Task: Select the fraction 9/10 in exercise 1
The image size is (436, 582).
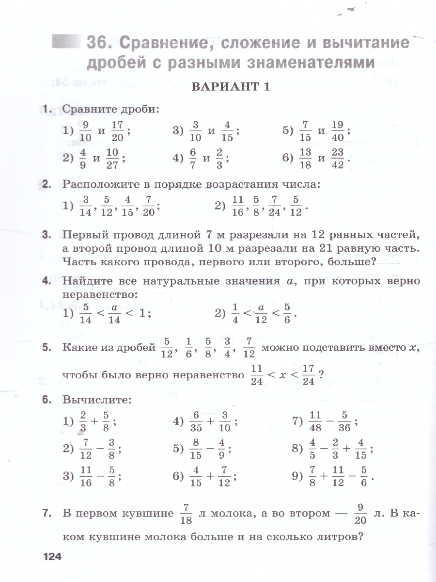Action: pyautogui.click(x=86, y=130)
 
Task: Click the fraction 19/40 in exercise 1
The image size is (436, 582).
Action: pyautogui.click(x=338, y=130)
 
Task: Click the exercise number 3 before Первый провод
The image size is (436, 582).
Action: pyautogui.click(x=47, y=236)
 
